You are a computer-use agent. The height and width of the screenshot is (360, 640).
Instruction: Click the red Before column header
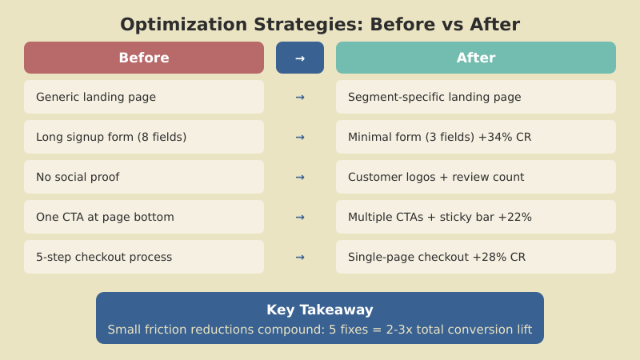coord(144,58)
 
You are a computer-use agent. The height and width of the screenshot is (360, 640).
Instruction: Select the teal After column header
coord(476,58)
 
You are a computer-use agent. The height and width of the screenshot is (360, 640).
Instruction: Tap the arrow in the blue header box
coord(300,58)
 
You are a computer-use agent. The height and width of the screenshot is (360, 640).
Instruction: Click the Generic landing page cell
coord(144,97)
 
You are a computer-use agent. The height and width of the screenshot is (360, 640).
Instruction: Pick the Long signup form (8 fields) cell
coord(144,137)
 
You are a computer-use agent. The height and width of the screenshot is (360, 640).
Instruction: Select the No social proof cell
coord(144,177)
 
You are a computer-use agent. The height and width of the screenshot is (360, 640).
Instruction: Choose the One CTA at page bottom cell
coord(144,217)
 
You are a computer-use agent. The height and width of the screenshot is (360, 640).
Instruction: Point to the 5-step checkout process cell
coord(144,257)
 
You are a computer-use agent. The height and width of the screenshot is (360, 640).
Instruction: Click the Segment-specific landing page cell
coord(476,97)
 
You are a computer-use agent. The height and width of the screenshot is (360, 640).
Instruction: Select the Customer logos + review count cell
coord(476,177)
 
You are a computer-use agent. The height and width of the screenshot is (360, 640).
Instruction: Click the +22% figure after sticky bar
coord(517,217)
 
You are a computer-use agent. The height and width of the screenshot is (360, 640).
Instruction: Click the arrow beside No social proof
coord(300,177)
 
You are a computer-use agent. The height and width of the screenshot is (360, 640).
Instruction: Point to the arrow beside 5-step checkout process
coord(300,257)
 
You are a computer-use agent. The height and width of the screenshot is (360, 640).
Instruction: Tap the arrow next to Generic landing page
coord(300,97)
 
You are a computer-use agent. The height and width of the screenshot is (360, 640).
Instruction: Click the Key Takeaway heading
coord(320,310)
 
